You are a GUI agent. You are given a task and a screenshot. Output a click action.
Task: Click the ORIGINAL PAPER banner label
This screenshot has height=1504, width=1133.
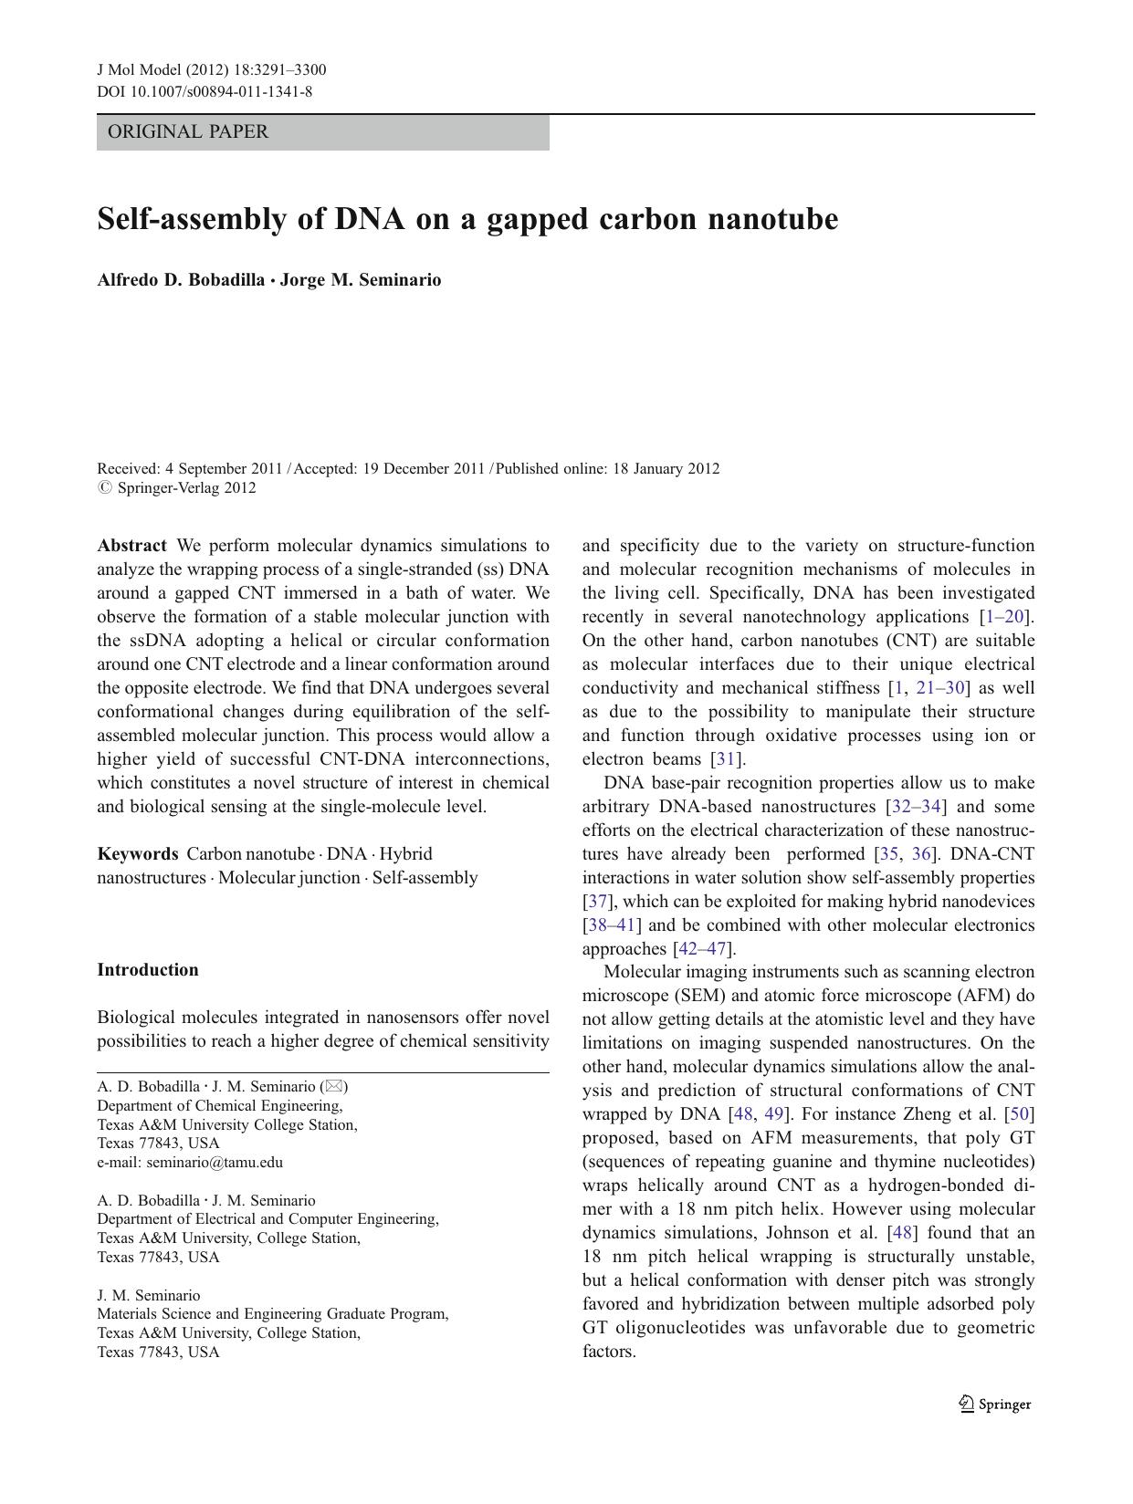pos(188,131)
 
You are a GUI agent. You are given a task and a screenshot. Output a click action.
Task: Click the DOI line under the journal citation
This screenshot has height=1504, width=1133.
pos(205,91)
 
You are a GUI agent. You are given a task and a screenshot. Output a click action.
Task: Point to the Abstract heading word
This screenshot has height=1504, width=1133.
pos(131,546)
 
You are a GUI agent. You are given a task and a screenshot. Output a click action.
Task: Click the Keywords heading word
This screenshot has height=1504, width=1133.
pos(138,854)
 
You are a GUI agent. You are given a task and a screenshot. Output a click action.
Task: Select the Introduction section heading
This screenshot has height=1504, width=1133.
pos(148,970)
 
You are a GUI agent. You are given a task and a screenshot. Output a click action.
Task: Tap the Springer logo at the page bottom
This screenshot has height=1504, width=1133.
pos(995,1405)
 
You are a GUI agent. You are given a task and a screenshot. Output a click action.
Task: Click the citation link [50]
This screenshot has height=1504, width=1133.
pos(1019,1114)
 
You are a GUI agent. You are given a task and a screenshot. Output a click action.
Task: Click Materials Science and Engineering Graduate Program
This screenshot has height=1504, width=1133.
pos(272,1314)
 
